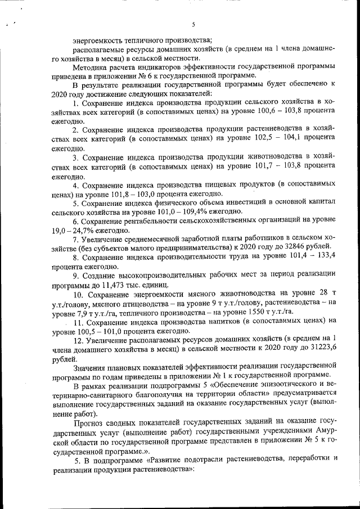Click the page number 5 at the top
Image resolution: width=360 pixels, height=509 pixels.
click(193, 25)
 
